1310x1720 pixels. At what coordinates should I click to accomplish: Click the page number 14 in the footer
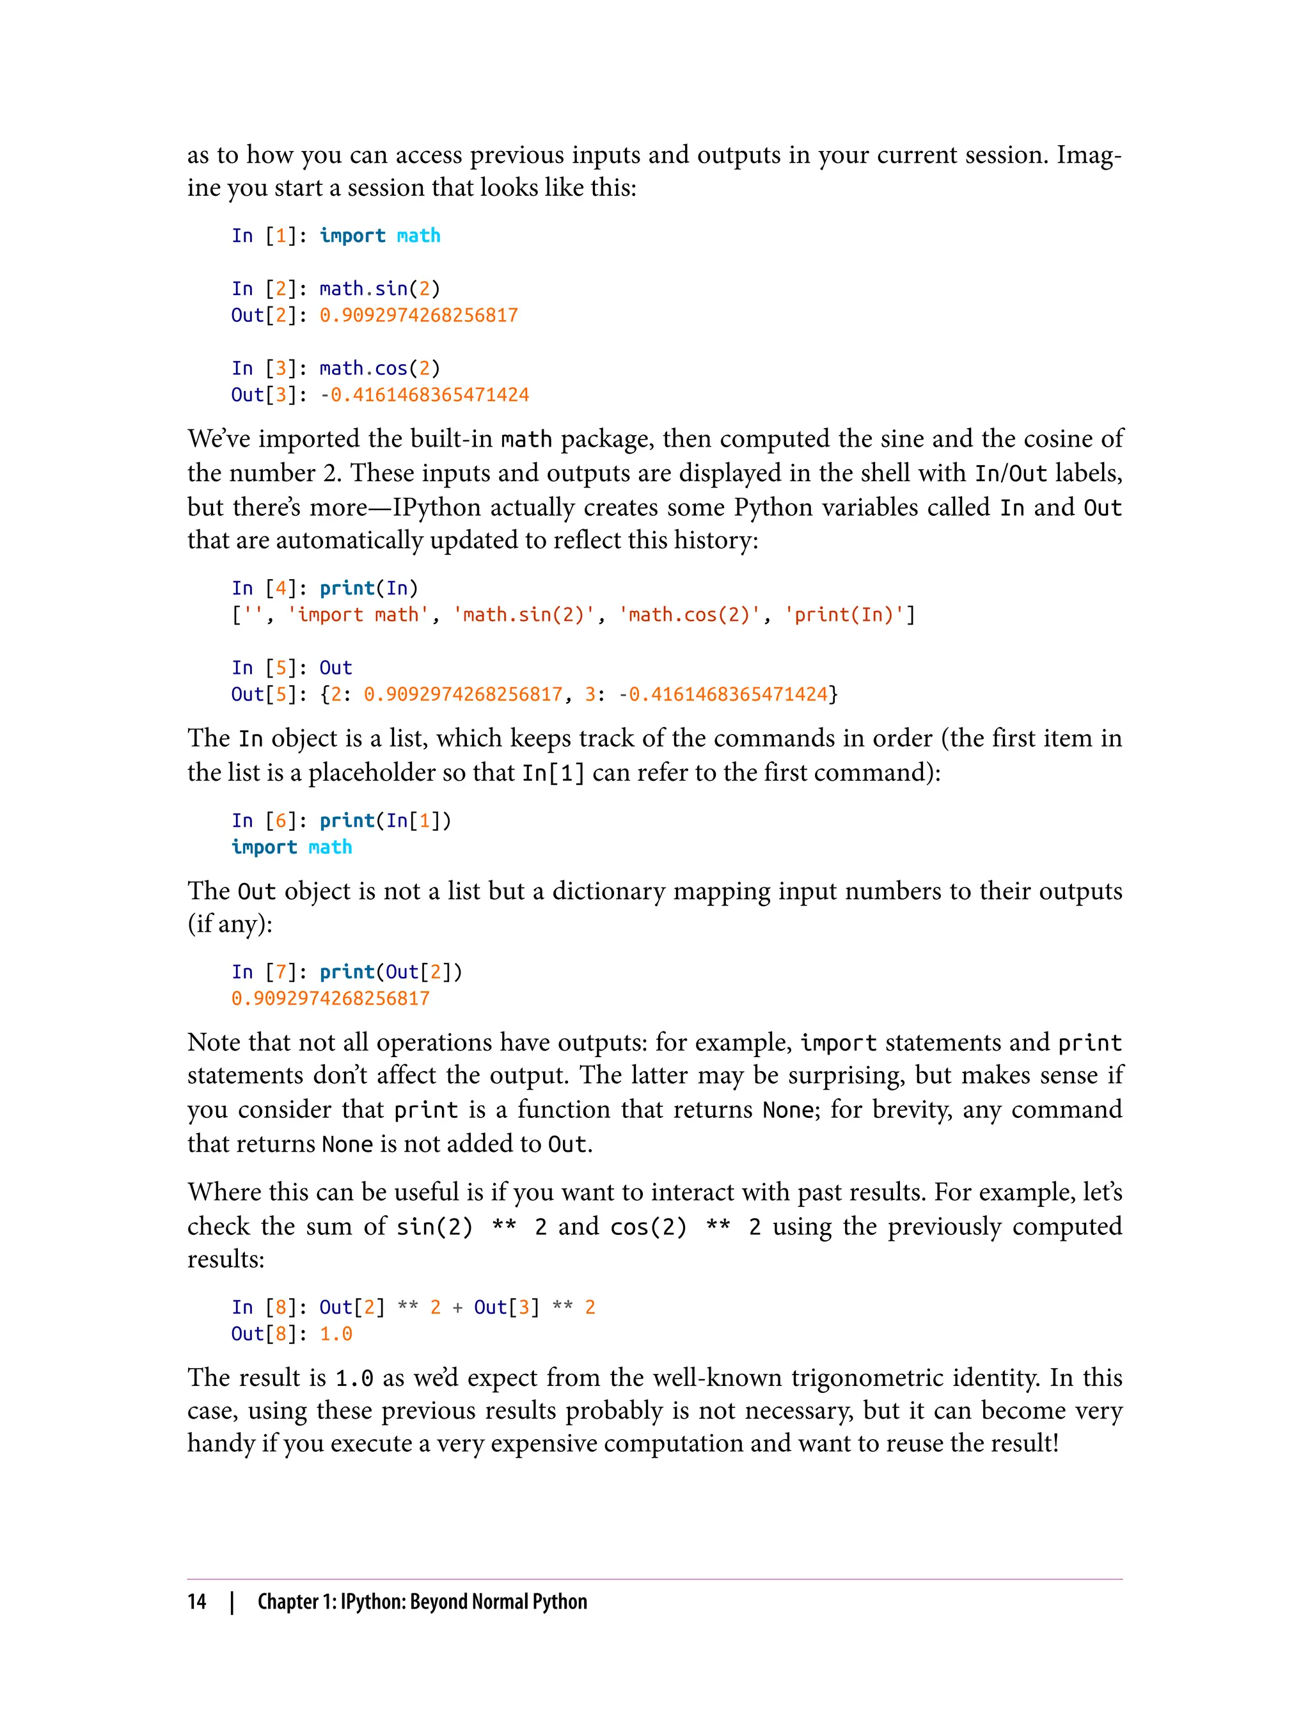196,1602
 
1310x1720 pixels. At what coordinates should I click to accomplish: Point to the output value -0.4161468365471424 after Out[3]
424,395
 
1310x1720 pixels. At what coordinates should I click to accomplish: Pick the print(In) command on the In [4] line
369,588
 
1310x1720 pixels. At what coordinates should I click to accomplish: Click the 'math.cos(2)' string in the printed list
690,615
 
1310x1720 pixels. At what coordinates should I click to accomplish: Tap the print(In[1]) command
385,820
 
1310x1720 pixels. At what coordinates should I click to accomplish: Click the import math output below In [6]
292,847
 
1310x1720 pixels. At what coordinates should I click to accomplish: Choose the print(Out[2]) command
391,972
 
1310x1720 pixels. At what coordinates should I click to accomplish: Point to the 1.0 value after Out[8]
336,1334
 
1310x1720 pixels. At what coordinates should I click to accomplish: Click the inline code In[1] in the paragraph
553,773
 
